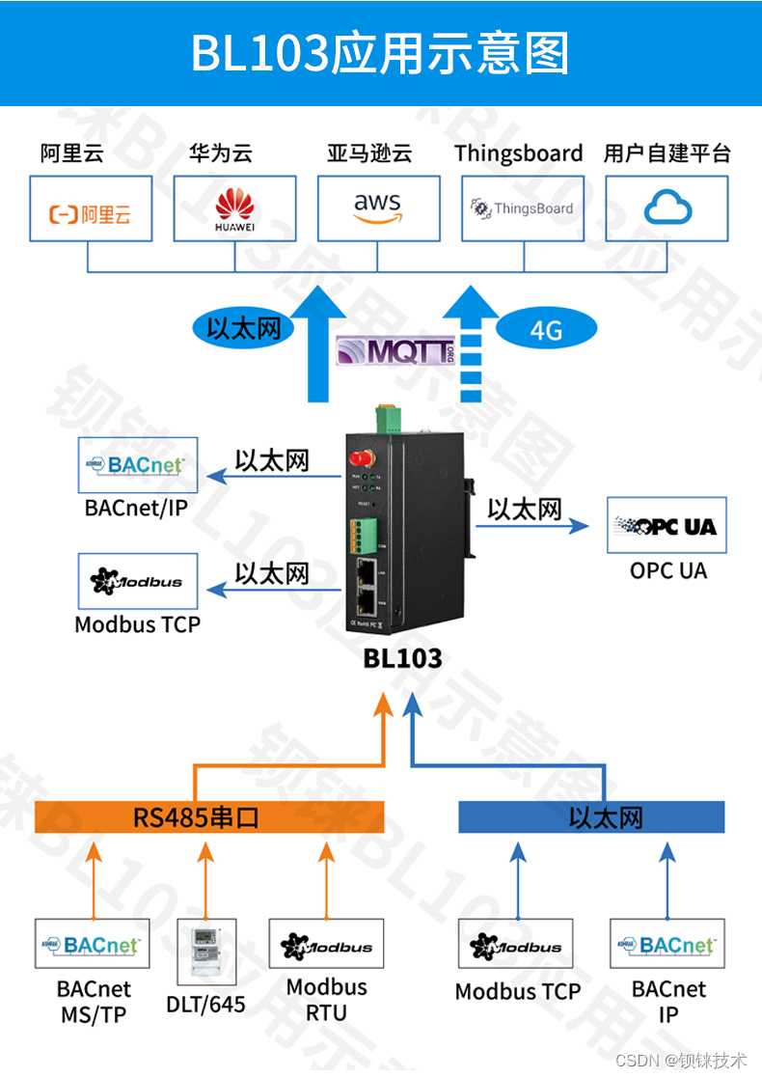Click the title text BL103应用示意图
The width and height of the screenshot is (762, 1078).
380,53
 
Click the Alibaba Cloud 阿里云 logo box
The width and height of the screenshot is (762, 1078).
91,208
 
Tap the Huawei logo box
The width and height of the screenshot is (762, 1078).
234,208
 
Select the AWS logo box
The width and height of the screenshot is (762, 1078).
378,208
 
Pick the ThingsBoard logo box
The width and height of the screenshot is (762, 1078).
522,208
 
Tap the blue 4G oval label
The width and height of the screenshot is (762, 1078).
545,330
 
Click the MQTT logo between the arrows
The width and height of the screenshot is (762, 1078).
395,350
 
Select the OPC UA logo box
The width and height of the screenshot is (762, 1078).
667,526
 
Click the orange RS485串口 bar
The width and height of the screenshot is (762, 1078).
209,817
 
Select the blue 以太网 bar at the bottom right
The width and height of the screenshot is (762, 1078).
590,817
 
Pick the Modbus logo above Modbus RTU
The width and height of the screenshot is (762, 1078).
326,946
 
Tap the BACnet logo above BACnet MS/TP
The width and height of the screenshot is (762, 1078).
93,944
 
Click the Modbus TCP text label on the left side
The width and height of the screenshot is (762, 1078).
138,624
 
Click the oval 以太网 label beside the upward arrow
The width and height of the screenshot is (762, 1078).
243,328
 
